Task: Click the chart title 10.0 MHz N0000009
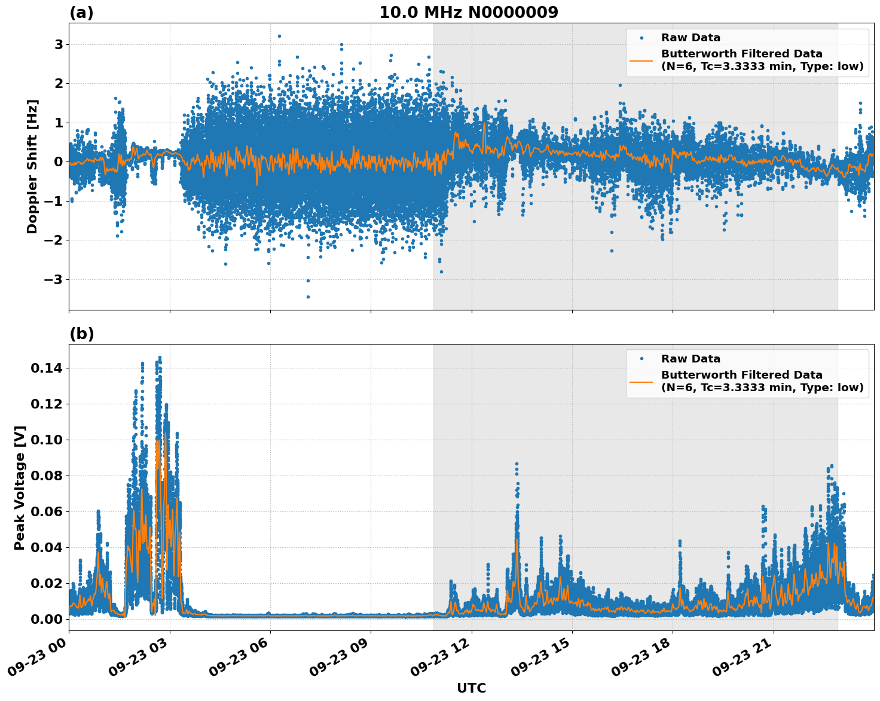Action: click(468, 13)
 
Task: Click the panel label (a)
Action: click(81, 13)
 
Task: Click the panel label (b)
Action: click(81, 334)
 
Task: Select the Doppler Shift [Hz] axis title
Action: click(32, 166)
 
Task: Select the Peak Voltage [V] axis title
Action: click(20, 487)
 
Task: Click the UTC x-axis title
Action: click(471, 688)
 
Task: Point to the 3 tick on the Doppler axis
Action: click(59, 44)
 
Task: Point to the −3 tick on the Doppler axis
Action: click(54, 279)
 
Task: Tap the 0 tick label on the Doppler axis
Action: click(59, 162)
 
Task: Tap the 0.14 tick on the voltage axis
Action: click(47, 368)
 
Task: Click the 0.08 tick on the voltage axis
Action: click(47, 476)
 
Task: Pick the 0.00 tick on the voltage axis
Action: click(47, 619)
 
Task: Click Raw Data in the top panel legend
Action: click(690, 38)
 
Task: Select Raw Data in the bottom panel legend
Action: click(690, 359)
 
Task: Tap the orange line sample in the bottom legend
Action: click(641, 381)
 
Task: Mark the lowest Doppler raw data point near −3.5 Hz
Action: click(308, 297)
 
